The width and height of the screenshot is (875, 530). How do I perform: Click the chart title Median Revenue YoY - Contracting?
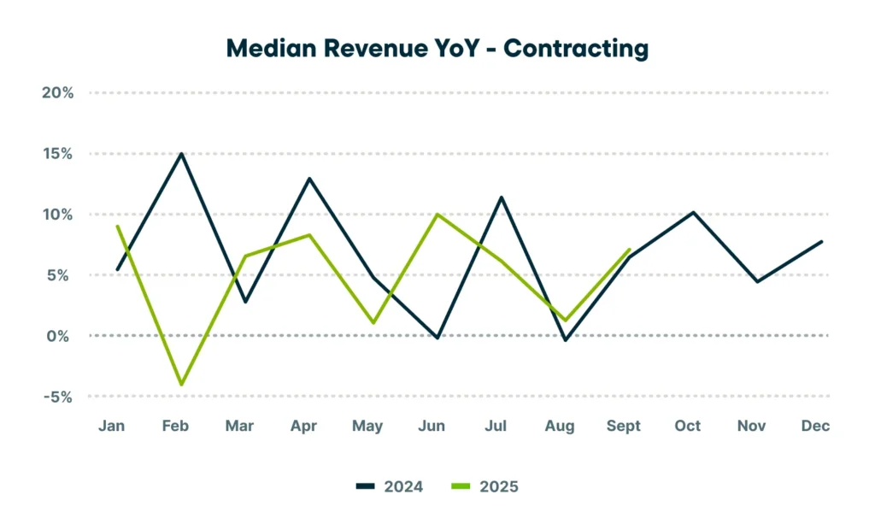click(437, 49)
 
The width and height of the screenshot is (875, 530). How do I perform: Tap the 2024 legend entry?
click(390, 486)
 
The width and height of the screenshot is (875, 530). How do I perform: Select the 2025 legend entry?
click(484, 486)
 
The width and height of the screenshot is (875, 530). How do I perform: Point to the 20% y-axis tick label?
click(57, 92)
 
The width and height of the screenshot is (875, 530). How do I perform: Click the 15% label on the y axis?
click(57, 154)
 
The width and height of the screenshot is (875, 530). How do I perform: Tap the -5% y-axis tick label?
click(57, 397)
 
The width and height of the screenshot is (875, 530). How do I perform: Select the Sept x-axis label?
click(624, 426)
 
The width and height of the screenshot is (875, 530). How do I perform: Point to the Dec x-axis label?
click(816, 426)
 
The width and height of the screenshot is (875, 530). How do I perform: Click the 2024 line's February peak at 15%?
click(181, 154)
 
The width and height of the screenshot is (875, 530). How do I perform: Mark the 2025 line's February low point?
click(181, 385)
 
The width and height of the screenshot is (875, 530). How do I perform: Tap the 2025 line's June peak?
click(437, 214)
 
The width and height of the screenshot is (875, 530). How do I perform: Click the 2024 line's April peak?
click(309, 179)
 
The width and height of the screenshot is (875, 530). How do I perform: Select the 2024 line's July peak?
click(502, 197)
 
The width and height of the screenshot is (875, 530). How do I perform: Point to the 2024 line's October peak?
click(694, 212)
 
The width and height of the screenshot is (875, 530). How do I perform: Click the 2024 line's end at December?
click(822, 241)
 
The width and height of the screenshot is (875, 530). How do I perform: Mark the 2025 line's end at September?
click(630, 250)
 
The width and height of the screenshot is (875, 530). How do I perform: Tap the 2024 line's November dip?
click(758, 281)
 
